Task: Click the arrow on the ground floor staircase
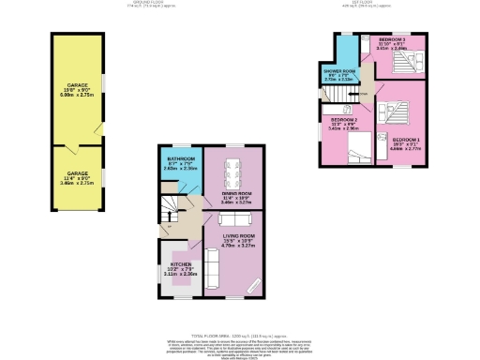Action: [x=168, y=225]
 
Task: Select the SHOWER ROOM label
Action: [x=340, y=73]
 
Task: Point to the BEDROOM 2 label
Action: [x=344, y=122]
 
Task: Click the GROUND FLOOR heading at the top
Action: [x=143, y=4]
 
